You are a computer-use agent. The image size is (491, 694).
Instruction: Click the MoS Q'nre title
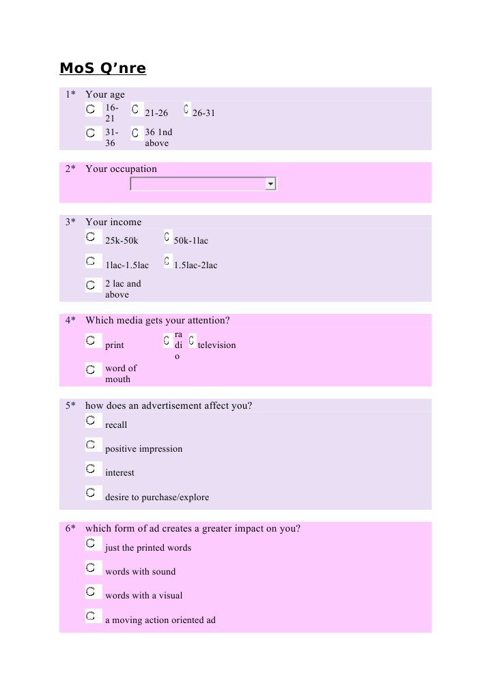103,69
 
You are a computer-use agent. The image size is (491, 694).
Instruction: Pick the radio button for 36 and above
135,133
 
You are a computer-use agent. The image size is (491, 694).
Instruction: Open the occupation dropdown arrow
271,184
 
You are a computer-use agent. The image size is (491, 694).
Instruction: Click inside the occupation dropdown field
198,184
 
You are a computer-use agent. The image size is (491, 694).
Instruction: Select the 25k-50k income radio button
90,237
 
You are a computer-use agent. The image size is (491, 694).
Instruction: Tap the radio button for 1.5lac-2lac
167,261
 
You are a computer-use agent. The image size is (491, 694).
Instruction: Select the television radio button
192,339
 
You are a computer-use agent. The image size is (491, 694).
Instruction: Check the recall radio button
90,420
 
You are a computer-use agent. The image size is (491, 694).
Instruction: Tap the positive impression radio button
90,445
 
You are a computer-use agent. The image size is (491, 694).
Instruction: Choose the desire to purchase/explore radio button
90,493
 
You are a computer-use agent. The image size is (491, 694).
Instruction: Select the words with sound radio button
90,568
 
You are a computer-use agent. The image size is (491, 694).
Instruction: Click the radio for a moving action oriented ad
90,616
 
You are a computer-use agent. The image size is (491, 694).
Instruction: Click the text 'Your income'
113,222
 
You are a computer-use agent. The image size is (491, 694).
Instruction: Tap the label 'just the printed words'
148,548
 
